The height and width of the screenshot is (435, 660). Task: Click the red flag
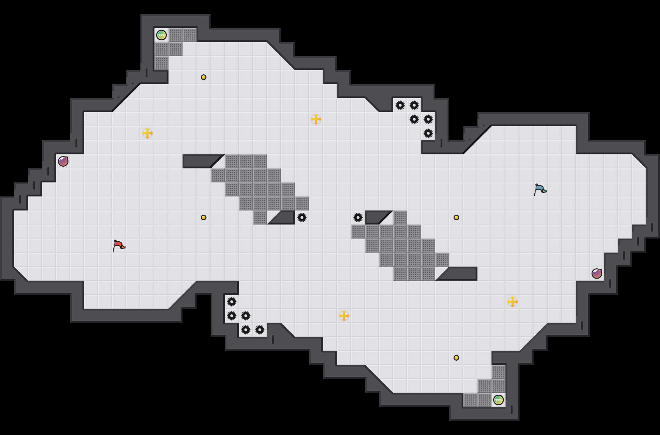119,246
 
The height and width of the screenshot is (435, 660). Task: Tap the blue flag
540,189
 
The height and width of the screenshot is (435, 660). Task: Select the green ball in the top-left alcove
161,35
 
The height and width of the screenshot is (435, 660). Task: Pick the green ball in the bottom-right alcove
499,400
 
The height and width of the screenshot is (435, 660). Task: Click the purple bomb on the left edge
63,161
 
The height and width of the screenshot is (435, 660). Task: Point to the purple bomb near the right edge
597,274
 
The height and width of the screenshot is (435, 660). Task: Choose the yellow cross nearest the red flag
147,133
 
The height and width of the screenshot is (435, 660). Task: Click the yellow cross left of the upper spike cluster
316,119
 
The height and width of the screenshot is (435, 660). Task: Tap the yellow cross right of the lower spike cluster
344,316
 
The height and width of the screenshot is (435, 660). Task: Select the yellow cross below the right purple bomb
513,302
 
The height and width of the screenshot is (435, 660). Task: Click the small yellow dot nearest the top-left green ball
204,77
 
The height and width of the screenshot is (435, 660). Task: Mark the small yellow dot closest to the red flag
204,217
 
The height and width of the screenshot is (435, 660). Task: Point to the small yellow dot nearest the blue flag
456,217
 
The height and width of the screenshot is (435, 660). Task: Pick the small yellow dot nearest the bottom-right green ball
456,358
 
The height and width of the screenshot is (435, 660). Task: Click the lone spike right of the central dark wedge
302,217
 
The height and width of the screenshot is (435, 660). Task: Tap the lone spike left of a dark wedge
358,217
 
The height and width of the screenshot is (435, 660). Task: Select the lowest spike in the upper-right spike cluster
428,133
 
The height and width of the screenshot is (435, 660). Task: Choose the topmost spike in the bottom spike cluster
232,302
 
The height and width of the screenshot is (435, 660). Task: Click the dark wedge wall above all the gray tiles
200,161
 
